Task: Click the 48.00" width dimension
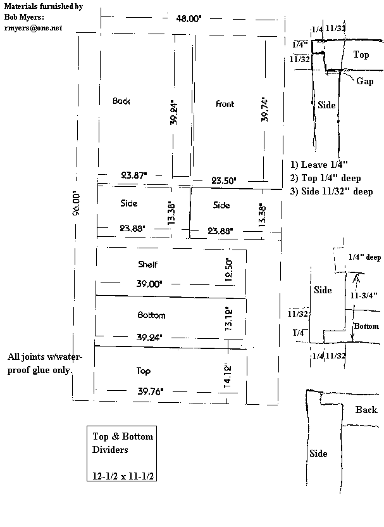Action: point(189,18)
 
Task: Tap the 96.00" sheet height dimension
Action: point(77,203)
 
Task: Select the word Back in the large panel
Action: point(121,101)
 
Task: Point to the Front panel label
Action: point(225,104)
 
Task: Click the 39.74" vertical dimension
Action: point(264,110)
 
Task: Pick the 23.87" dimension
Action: point(134,175)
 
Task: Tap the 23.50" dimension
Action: point(223,181)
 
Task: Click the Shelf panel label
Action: point(147,265)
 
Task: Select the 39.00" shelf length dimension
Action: point(149,284)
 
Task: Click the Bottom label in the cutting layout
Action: point(151,315)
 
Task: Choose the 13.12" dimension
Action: point(228,319)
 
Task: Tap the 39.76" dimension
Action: point(151,391)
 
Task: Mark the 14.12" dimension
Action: point(227,376)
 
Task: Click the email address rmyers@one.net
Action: point(34,28)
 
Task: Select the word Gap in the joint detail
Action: point(365,81)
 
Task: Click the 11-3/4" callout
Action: point(364,295)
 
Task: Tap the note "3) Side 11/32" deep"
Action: point(331,191)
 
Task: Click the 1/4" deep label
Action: point(364,257)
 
